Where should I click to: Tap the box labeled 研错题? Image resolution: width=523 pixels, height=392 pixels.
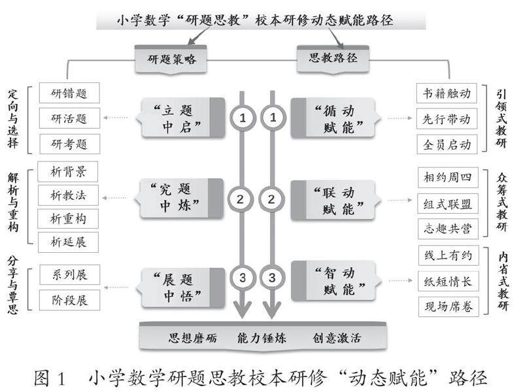pyautogui.click(x=69, y=93)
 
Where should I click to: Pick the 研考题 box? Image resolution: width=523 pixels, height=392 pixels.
pyautogui.click(x=69, y=143)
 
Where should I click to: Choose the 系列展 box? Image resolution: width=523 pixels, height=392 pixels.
pyautogui.click(x=69, y=274)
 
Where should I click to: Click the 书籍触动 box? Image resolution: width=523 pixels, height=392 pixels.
pyautogui.click(x=447, y=93)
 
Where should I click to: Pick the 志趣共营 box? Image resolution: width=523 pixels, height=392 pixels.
pyautogui.click(x=447, y=228)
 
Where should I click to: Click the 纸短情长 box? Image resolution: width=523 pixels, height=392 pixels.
pyautogui.click(x=447, y=282)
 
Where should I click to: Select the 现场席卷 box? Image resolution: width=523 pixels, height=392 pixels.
pyautogui.click(x=447, y=306)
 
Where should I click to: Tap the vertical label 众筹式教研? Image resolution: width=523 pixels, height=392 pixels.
pyautogui.click(x=502, y=202)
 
